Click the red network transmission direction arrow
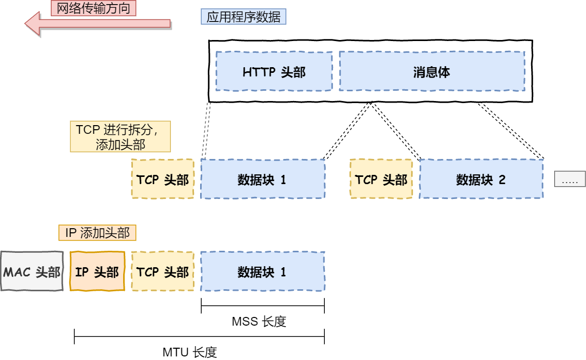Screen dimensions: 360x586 click(x=97, y=24)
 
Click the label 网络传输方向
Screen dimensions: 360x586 click(x=93, y=8)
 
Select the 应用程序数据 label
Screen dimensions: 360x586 click(x=243, y=17)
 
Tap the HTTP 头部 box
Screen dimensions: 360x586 click(x=274, y=71)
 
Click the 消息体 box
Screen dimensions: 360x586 click(x=432, y=71)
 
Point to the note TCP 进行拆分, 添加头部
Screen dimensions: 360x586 click(x=120, y=137)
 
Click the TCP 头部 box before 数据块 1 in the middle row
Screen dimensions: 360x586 click(x=163, y=179)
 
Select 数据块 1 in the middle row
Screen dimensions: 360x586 click(x=262, y=179)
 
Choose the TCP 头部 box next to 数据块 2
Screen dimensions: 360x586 click(x=381, y=179)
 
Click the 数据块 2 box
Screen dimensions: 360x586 click(x=481, y=179)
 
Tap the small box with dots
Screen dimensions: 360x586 click(x=570, y=179)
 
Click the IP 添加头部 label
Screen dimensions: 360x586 click(x=97, y=233)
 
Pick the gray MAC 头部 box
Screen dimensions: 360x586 click(x=32, y=271)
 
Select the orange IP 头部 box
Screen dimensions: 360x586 click(x=97, y=271)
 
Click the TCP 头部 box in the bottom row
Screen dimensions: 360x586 click(x=163, y=271)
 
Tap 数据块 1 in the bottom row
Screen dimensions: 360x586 click(x=262, y=271)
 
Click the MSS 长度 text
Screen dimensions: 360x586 click(x=259, y=322)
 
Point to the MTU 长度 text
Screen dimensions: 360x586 click(x=190, y=352)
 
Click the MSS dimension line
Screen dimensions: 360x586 click(x=263, y=307)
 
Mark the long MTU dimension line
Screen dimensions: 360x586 click(x=199, y=337)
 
